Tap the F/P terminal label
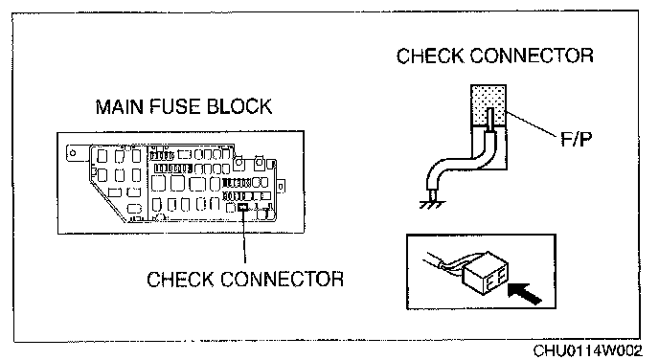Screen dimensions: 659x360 pos(577,139)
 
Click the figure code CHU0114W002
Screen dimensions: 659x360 pos(587,350)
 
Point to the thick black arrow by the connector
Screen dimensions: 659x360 pos(525,293)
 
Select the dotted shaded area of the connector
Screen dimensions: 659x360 pos(488,105)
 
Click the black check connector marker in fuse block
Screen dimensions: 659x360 pos(243,207)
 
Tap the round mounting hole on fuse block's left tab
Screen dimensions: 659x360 pos(73,153)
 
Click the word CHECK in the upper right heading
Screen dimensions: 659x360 pos(429,56)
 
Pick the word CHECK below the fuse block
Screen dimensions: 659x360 pos(179,280)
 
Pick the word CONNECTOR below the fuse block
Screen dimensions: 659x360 pos(282,280)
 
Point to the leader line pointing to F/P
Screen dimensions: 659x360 pos(532,124)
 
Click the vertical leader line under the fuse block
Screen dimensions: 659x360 pos(243,236)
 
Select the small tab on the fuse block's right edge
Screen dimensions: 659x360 pos(281,186)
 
